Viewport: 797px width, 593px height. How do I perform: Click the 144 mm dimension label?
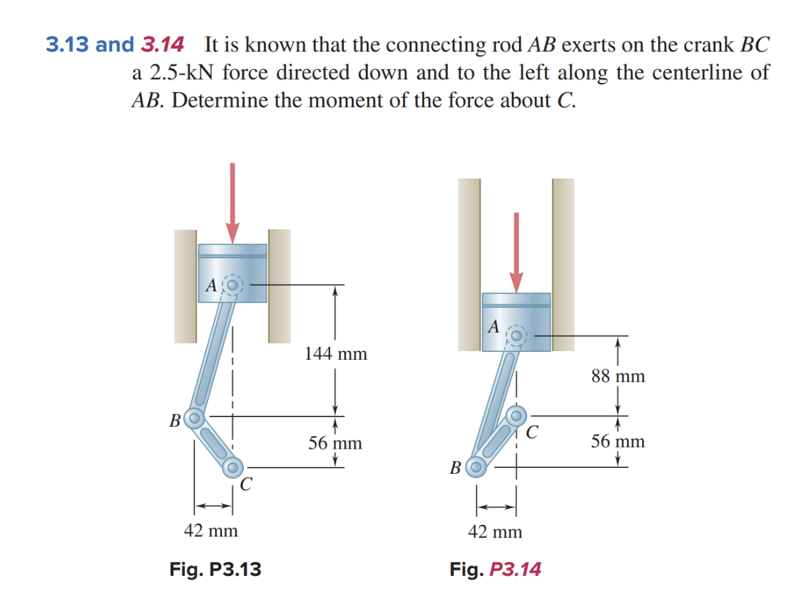[x=335, y=354]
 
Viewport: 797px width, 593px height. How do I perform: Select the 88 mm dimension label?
[x=618, y=376]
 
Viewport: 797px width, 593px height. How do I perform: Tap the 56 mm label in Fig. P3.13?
[x=335, y=443]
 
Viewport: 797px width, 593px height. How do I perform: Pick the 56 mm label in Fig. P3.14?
[x=618, y=441]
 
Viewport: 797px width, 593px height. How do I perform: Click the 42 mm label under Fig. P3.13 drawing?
[x=211, y=530]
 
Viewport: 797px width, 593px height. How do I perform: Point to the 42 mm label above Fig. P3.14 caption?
[x=495, y=531]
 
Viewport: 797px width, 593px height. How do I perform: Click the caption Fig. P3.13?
[x=215, y=568]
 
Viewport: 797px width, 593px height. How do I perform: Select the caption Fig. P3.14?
[x=495, y=568]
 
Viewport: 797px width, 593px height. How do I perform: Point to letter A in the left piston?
[x=211, y=285]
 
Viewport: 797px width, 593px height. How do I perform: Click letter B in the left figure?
[x=175, y=420]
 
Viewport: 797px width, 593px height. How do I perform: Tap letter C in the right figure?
[x=533, y=433]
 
